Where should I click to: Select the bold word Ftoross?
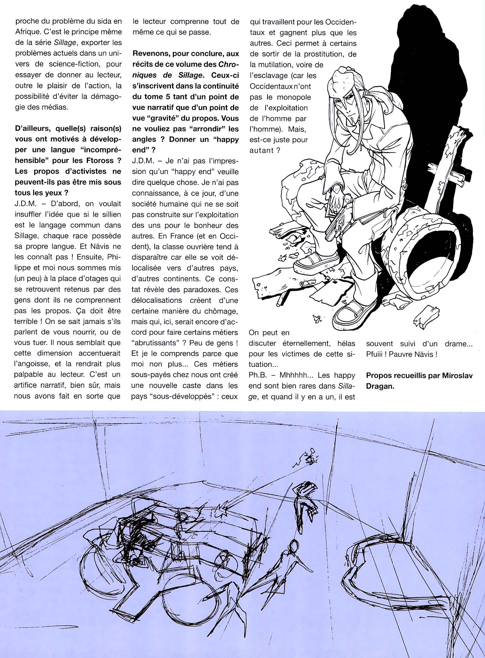(102, 160)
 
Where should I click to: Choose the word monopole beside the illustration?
(294, 97)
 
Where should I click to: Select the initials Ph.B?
(259, 376)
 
